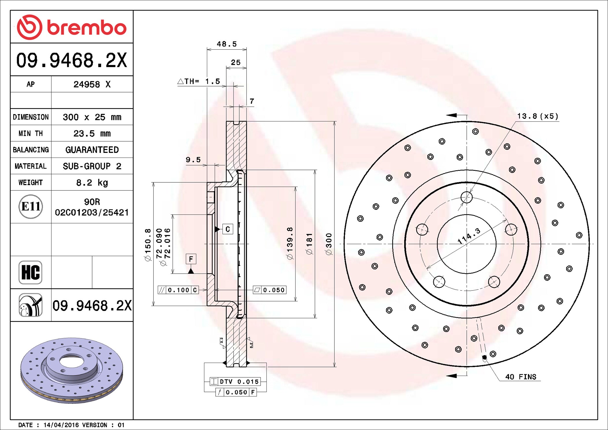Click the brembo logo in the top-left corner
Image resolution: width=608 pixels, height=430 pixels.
(72, 27)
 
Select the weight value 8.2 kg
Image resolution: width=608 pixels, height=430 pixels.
(92, 183)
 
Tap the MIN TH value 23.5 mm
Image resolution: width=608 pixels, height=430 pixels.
(92, 134)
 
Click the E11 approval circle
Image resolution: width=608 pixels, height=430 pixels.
(31, 206)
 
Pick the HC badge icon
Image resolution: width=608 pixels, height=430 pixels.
(30, 272)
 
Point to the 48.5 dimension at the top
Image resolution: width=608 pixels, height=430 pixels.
(227, 44)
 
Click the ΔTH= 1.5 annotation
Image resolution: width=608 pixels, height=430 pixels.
(199, 81)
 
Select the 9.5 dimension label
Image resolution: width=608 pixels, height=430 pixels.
(193, 160)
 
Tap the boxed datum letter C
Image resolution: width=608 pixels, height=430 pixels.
(228, 229)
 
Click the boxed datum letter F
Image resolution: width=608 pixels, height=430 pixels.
(191, 259)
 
